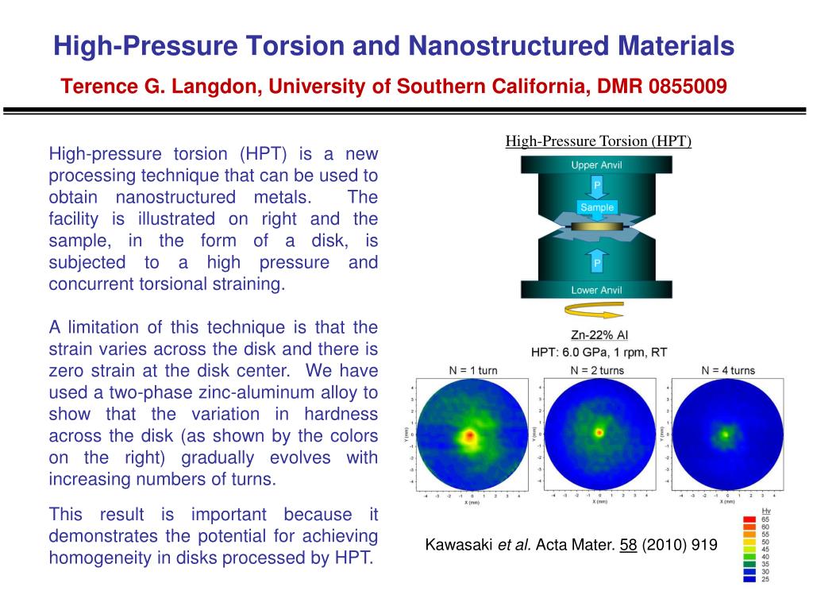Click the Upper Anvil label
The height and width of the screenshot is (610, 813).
(x=596, y=165)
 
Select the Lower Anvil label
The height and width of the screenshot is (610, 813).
(x=596, y=290)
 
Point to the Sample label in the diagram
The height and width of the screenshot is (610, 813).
(x=597, y=207)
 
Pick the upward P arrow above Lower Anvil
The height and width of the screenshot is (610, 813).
(x=597, y=261)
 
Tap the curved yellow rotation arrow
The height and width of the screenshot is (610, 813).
(x=596, y=311)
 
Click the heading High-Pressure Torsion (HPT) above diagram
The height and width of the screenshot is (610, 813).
(x=599, y=142)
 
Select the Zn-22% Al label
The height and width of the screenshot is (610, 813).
(x=599, y=335)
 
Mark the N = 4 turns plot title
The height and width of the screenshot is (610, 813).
(x=728, y=370)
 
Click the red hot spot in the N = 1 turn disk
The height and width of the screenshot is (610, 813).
(x=469, y=436)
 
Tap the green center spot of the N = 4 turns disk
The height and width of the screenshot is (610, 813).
(x=725, y=434)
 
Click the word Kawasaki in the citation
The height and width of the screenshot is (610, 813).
(x=458, y=545)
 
